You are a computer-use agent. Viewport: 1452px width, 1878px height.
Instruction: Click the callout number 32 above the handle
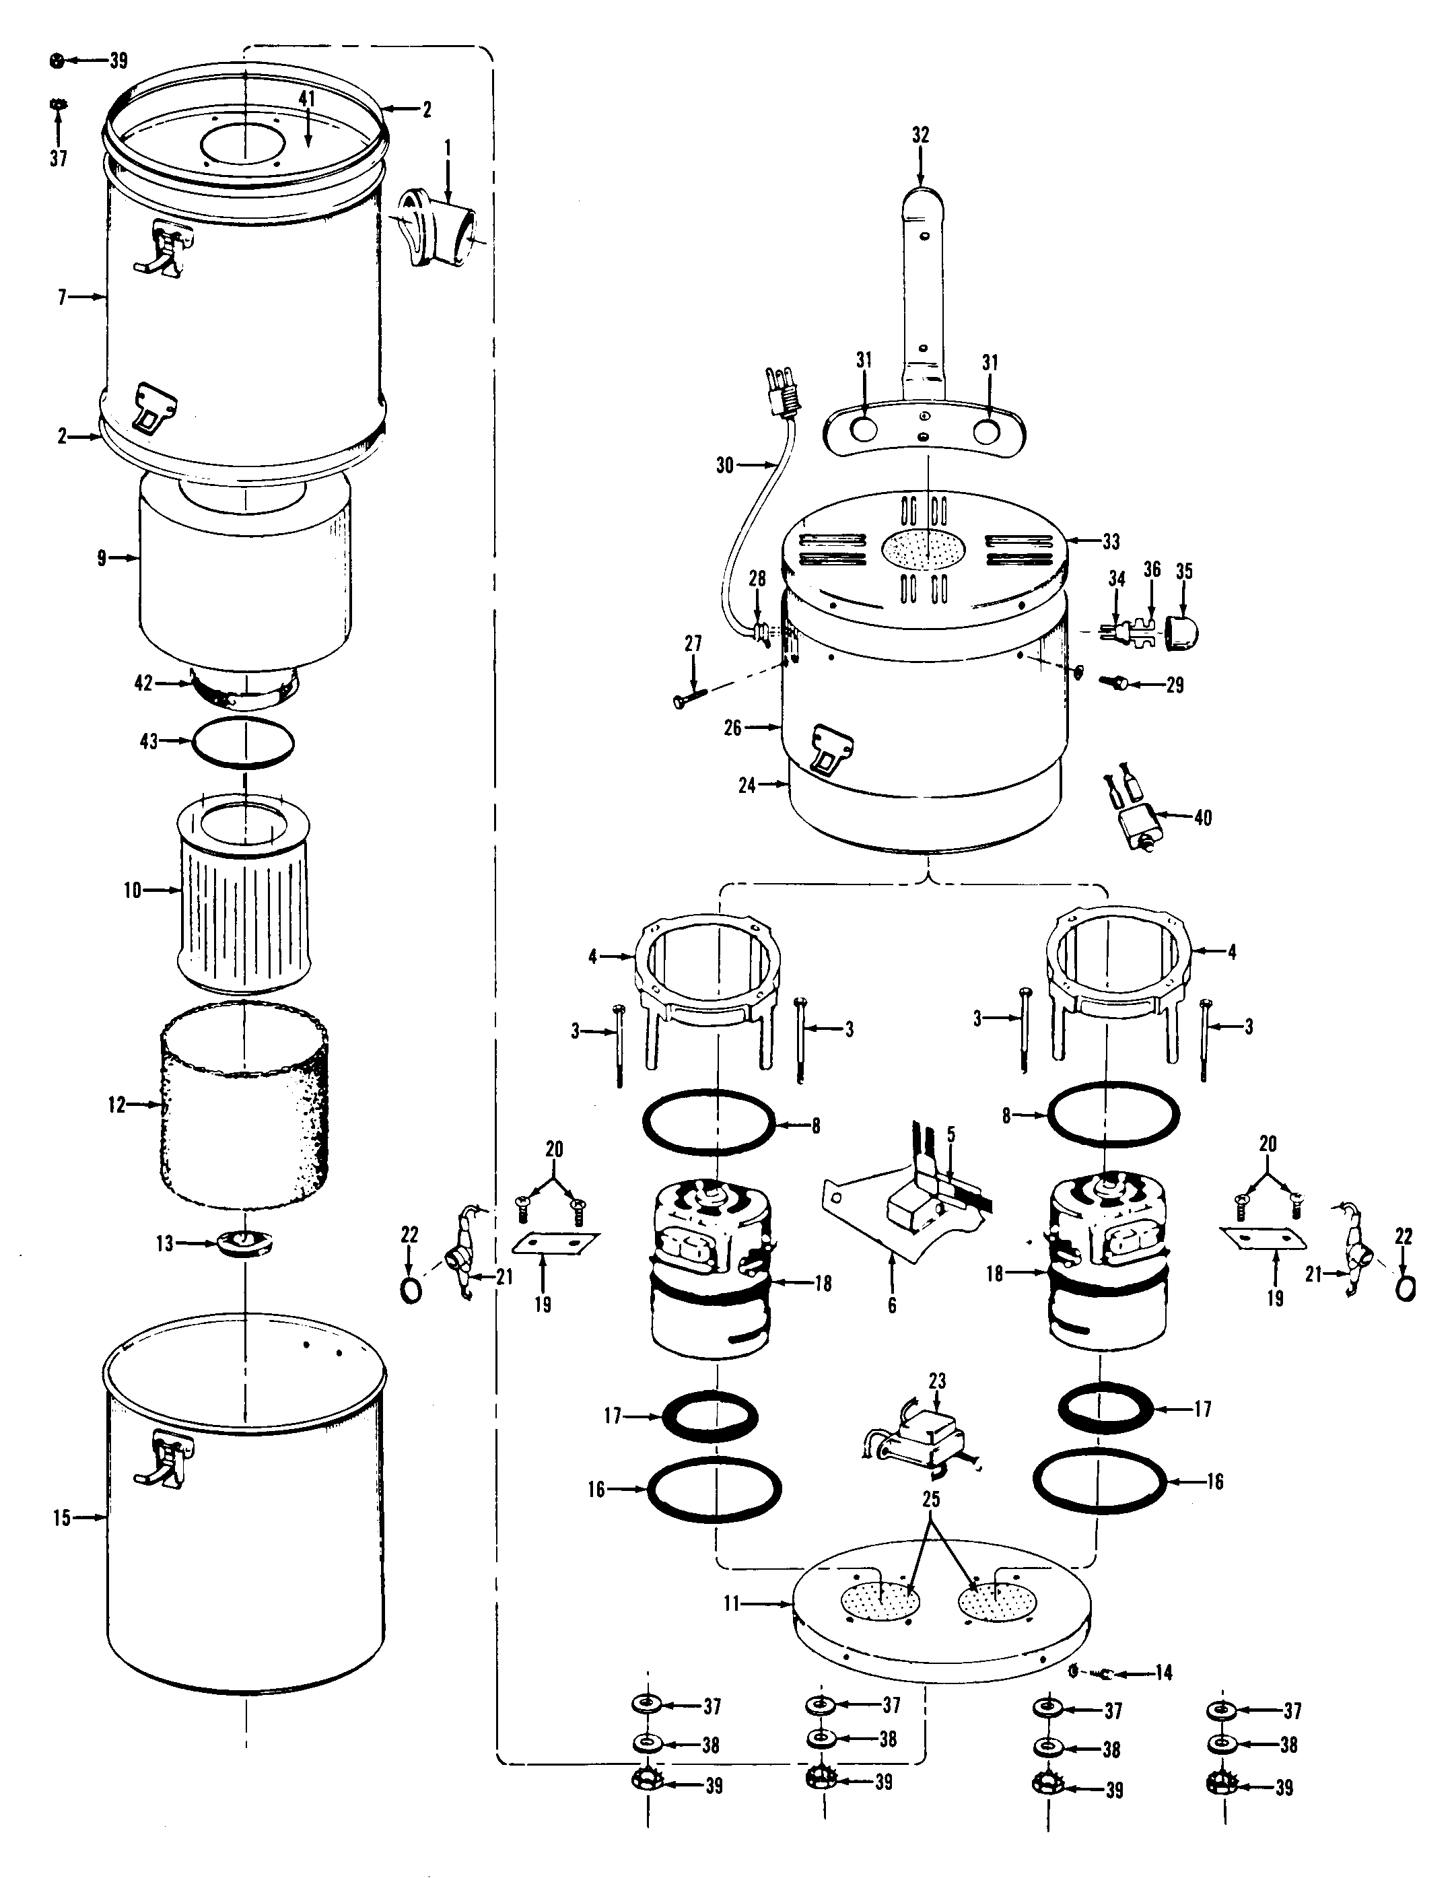[x=920, y=135]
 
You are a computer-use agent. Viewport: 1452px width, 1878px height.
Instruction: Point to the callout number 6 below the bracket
[x=892, y=1305]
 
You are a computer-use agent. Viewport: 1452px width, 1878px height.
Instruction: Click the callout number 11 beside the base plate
[x=732, y=1603]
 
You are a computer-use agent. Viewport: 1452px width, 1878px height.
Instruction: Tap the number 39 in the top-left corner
[x=118, y=60]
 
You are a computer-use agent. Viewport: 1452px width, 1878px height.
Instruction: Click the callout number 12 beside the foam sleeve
[x=117, y=1104]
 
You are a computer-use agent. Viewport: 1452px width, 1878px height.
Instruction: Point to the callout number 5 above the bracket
[x=950, y=1134]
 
